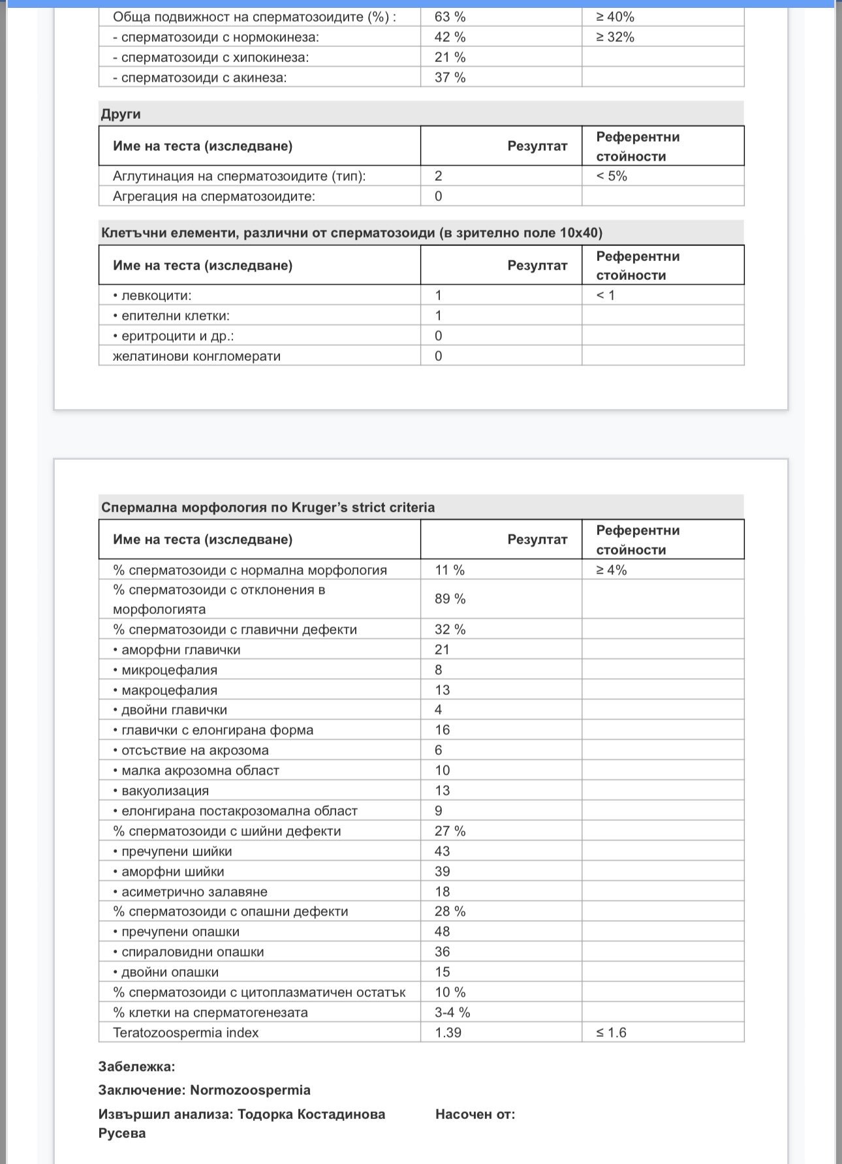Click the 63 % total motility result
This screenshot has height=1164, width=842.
pyautogui.click(x=450, y=17)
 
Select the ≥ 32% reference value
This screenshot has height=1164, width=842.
pyautogui.click(x=615, y=37)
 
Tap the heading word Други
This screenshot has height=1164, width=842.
pyautogui.click(x=121, y=114)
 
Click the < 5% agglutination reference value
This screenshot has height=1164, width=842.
pyautogui.click(x=612, y=176)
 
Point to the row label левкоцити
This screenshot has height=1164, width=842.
pyautogui.click(x=156, y=296)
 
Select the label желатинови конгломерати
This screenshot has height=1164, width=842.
pyautogui.click(x=196, y=356)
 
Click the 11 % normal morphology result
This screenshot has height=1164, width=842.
pyautogui.click(x=450, y=570)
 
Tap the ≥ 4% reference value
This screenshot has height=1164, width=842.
pyautogui.click(x=611, y=570)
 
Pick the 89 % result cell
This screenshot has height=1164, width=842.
pyautogui.click(x=450, y=599)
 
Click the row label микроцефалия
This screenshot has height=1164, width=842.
pyautogui.click(x=169, y=670)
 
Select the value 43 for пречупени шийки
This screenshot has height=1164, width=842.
pyautogui.click(x=443, y=851)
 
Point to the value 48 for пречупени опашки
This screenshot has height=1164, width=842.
pyautogui.click(x=443, y=932)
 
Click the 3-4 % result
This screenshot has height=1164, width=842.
pyautogui.click(x=452, y=1013)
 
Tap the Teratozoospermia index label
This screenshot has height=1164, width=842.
pyautogui.click(x=185, y=1033)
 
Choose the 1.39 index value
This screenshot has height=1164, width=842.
pyautogui.click(x=448, y=1033)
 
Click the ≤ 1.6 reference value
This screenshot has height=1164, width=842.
pyautogui.click(x=611, y=1033)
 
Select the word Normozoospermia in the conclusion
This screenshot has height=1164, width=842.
pyautogui.click(x=250, y=1090)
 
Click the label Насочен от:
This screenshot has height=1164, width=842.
pyautogui.click(x=475, y=1114)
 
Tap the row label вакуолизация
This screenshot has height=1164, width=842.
pyautogui.click(x=165, y=791)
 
